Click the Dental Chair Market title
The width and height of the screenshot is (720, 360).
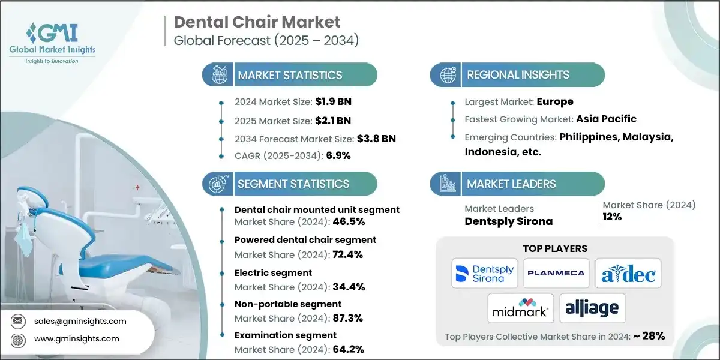257,23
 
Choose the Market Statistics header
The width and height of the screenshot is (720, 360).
290,75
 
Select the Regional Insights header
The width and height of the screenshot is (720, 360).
518,75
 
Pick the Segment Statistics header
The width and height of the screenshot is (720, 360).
293,184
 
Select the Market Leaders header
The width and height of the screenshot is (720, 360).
511,184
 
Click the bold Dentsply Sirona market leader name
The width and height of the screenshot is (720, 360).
508,221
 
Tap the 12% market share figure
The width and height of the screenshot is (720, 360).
612,217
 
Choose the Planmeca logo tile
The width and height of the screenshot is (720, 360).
555,273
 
